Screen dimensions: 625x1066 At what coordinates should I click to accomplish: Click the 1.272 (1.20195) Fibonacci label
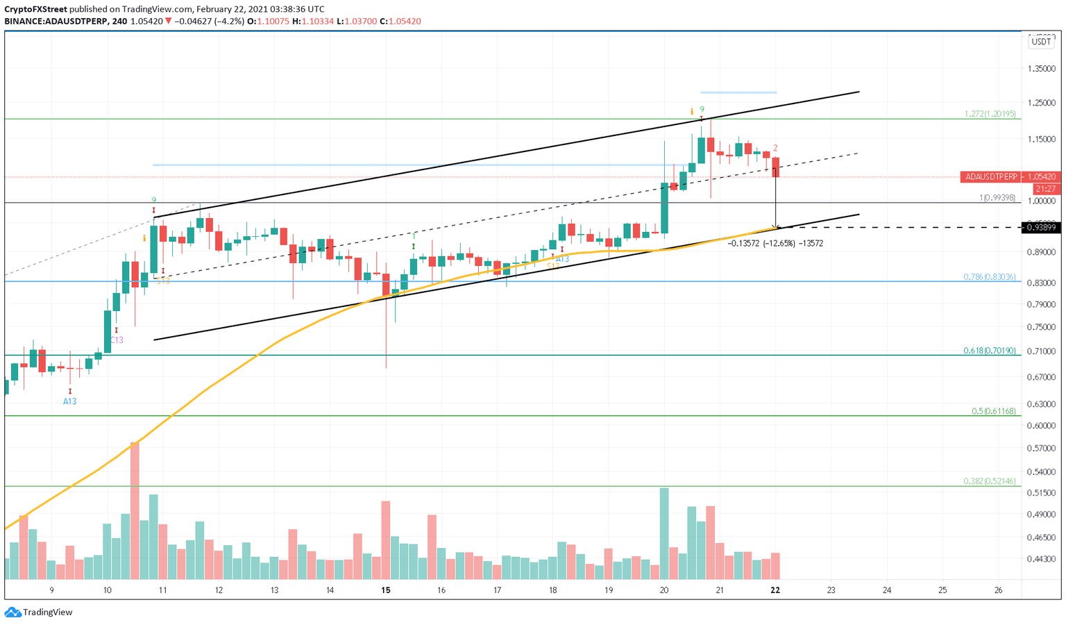coord(990,114)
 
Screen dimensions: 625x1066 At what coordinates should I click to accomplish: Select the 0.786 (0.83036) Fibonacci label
coord(990,276)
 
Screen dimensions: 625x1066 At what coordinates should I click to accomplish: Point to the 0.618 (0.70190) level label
coord(990,351)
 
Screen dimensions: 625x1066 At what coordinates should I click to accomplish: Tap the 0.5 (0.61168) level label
coord(994,411)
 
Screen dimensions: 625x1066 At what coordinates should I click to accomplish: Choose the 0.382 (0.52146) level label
coord(990,481)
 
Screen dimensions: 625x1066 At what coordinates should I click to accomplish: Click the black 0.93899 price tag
coord(1041,228)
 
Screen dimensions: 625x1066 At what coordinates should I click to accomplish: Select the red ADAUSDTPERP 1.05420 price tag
coord(1010,177)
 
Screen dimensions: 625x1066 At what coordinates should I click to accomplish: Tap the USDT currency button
coord(1041,42)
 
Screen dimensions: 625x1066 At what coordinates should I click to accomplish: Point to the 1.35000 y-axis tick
coord(1041,69)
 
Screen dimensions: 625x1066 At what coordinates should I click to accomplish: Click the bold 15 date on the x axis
coord(386,590)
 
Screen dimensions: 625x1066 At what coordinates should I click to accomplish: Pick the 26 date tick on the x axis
coord(998,590)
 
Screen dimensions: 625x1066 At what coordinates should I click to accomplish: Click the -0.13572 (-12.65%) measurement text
coord(775,244)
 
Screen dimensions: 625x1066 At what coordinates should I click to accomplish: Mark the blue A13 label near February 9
coord(69,401)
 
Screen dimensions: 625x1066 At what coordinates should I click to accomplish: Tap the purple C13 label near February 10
coord(117,340)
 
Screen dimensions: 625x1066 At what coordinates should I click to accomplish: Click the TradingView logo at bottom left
coord(39,612)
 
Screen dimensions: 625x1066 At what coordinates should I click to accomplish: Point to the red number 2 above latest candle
coord(775,148)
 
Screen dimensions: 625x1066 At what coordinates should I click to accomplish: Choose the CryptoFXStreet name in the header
coord(35,9)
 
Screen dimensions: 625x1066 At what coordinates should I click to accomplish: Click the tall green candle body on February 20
coord(664,208)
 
